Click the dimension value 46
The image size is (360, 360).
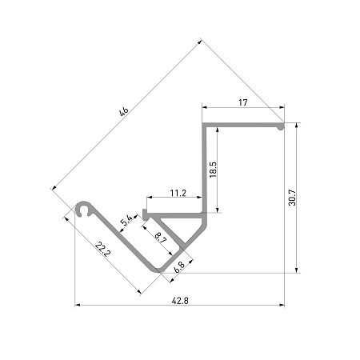[x=124, y=111]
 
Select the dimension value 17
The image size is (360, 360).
[x=243, y=102]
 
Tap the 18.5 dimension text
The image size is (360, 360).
[x=213, y=170]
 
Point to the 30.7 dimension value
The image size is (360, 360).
[x=292, y=198]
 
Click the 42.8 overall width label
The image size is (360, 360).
[x=180, y=301]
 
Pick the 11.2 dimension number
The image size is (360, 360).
[x=178, y=193]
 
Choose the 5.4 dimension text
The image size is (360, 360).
[x=126, y=220]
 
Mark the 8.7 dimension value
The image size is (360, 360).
[x=161, y=238]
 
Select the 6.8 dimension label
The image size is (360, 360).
[x=179, y=267]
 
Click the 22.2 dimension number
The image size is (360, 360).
[x=102, y=249]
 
